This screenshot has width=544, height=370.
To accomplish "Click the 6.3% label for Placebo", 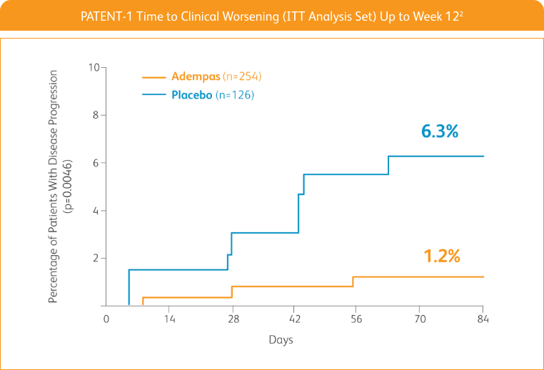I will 439,131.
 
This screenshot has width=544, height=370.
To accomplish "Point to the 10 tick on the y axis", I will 94,68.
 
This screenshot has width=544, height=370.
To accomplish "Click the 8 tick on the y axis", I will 96,115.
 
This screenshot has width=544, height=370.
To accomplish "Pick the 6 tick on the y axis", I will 96,163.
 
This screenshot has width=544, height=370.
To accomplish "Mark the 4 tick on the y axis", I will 96,211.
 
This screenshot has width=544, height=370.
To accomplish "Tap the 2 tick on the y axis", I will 96,258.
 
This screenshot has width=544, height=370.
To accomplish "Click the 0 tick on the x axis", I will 106,319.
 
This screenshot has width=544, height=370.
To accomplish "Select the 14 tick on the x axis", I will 168,319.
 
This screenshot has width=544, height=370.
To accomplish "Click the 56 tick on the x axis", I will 357,319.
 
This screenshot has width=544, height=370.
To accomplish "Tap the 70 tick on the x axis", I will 420,319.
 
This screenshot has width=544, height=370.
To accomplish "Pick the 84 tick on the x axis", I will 483,319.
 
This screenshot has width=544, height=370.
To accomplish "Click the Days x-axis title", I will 281,340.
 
